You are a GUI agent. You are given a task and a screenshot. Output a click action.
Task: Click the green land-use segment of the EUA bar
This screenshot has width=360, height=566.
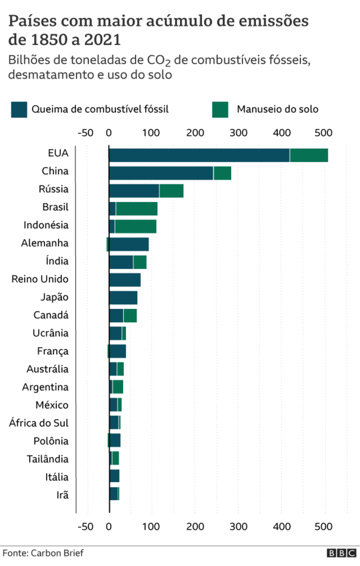coord(309,155)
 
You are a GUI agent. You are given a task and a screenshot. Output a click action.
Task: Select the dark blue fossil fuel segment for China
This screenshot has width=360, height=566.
coord(161,173)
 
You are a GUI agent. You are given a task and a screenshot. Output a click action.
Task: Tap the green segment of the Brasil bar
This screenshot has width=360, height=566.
coord(137,209)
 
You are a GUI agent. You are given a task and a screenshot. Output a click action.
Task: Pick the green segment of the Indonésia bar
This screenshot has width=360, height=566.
coord(135,226)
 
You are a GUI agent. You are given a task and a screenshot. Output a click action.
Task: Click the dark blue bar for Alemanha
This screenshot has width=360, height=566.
coord(129,245)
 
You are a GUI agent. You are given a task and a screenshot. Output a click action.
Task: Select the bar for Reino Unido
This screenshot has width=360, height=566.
coord(125,280)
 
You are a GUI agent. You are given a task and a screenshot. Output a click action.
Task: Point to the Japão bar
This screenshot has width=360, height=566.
coord(123,298)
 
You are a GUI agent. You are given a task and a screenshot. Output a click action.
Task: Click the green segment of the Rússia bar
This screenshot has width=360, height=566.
coord(171,191)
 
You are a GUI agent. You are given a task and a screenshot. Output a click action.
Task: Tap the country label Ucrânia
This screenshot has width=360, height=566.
coord(51,333)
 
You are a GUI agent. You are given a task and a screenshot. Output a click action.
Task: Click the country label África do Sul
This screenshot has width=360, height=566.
coord(39,423)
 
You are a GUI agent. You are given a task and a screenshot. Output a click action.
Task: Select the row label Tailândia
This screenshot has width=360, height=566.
coord(47,459)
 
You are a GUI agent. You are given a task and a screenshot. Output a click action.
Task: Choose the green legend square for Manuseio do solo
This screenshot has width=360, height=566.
coord(220,109)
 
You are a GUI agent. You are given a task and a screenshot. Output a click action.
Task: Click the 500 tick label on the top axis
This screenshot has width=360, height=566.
coord(323,133)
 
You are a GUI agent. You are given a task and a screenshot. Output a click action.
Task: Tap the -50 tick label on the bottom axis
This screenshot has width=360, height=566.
coord(85,526)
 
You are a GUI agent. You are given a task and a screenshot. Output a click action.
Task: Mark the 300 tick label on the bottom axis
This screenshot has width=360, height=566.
coord(238,526)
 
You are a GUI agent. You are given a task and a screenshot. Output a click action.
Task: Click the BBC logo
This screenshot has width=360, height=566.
coord(342,553)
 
